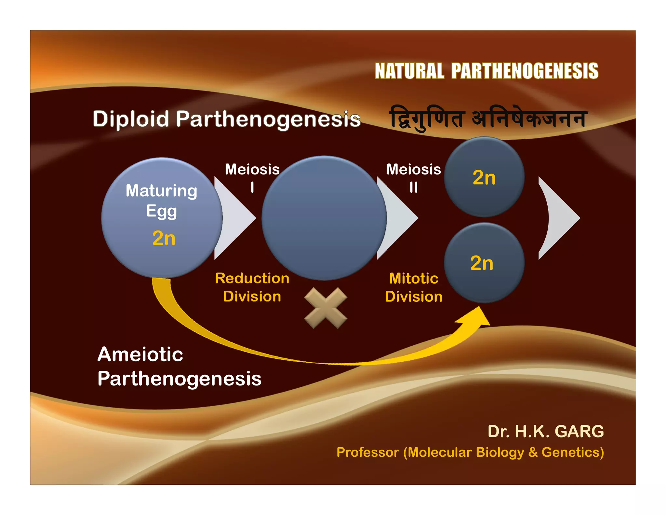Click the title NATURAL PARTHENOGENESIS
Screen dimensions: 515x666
click(486, 71)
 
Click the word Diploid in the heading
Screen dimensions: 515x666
click(131, 119)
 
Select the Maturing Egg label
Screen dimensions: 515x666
click(161, 201)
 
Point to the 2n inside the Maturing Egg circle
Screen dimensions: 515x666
click(164, 238)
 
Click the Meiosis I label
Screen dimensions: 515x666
click(252, 177)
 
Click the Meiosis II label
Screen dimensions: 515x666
click(413, 177)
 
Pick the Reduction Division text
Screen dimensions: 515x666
click(252, 287)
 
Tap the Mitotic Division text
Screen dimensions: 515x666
click(413, 287)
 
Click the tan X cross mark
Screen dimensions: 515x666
click(326, 308)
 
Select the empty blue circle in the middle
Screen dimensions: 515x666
click(324, 218)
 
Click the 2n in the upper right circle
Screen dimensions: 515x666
click(484, 178)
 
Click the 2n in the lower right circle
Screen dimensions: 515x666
click(482, 263)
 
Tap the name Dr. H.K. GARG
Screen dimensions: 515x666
click(545, 431)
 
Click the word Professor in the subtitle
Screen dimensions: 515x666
click(368, 452)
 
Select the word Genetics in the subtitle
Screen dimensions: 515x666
click(572, 452)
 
